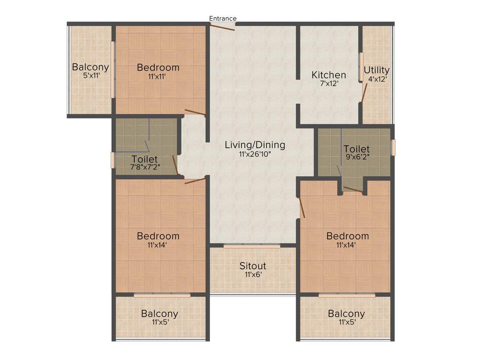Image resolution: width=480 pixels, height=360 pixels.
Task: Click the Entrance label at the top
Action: coord(223,18)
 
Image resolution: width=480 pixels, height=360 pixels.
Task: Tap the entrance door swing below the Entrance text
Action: coord(222,27)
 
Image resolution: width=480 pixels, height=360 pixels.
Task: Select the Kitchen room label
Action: coord(329,75)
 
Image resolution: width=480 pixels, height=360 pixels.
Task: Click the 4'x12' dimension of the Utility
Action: coord(377,80)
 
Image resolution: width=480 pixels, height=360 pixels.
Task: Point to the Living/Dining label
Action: coord(255,145)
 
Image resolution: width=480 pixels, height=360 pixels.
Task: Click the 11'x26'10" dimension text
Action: coord(255,154)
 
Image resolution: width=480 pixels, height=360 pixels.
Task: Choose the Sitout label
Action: coord(253,266)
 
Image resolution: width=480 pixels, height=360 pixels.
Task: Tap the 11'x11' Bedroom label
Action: coord(158,67)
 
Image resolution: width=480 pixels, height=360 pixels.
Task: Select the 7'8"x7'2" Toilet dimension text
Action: coord(145,167)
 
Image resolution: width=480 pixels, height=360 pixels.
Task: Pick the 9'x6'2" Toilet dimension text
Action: coord(357,158)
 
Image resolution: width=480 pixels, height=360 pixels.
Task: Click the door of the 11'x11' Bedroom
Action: coord(195,112)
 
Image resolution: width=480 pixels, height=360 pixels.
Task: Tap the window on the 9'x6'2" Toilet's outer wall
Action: coord(393,147)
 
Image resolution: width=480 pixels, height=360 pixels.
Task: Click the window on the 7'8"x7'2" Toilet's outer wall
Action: coord(112,160)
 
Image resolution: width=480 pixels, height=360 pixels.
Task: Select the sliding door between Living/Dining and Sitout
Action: coord(252,245)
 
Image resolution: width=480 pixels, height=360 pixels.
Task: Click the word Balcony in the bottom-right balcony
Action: coord(346,314)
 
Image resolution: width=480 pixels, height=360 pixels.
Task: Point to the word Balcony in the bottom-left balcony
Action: coord(159,314)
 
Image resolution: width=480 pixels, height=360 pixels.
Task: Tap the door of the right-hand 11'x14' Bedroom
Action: coord(301,207)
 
